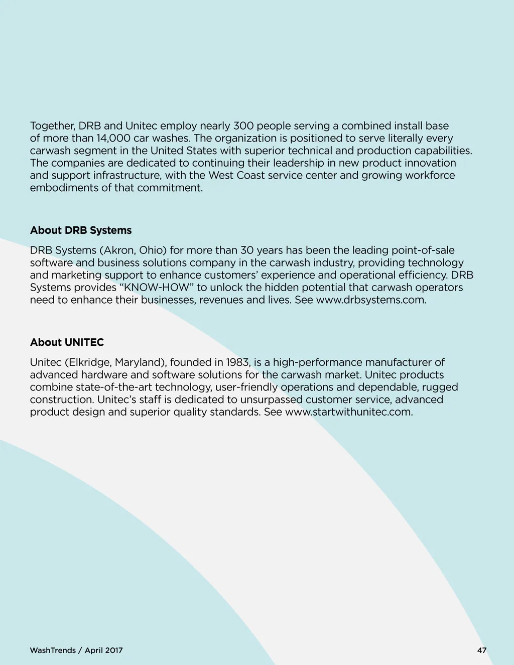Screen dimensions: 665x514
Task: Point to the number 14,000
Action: (113, 138)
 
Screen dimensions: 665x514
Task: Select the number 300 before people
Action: (243, 125)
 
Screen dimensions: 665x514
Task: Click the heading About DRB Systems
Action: (81, 230)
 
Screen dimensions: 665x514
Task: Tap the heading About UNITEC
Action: (67, 342)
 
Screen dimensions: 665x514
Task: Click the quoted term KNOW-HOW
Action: (159, 288)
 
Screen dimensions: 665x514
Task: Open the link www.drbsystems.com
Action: (371, 300)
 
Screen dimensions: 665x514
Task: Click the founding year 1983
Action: (237, 362)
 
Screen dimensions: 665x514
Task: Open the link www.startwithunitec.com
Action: (349, 412)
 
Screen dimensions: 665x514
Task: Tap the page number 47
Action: (482, 650)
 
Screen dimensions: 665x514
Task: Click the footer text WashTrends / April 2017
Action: (76, 650)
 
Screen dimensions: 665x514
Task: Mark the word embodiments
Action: (63, 188)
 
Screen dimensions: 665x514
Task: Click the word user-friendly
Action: (246, 387)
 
